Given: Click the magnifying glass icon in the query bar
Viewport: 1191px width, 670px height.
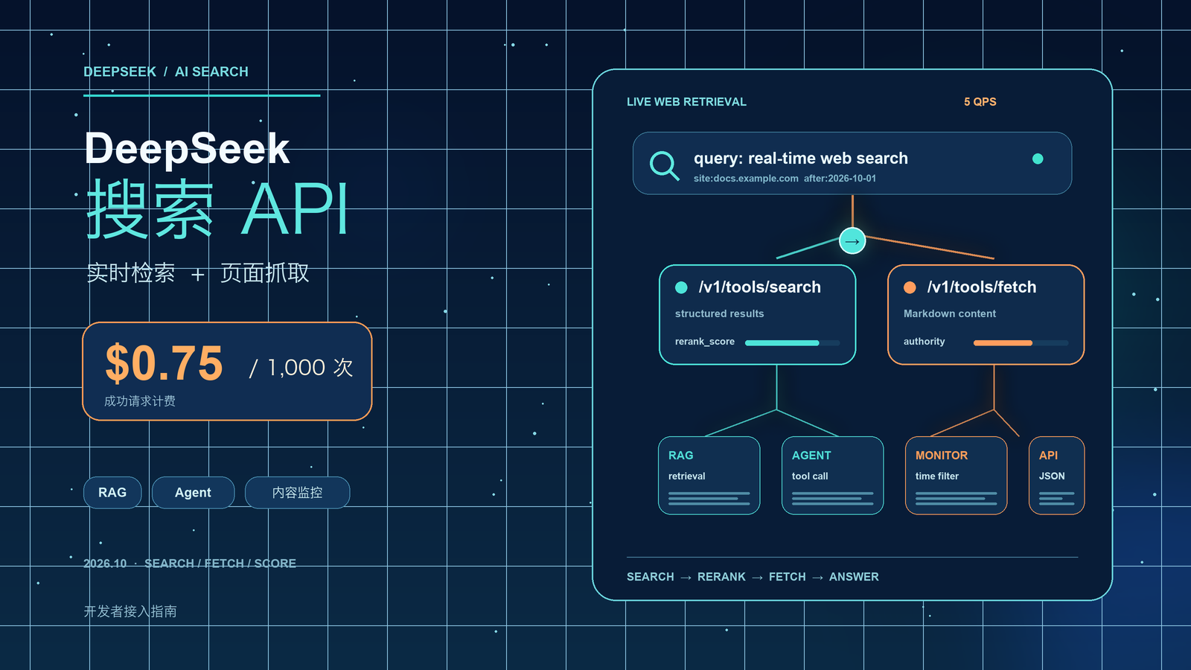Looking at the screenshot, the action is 662,165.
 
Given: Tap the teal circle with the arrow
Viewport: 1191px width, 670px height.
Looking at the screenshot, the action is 852,241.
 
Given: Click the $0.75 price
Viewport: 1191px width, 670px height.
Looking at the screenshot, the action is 164,363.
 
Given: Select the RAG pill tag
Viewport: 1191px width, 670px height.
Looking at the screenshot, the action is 112,492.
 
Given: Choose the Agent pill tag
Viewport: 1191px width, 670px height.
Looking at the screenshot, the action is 193,492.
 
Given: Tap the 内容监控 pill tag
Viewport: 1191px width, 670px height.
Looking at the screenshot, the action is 297,492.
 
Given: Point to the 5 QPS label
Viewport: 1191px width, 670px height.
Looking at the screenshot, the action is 980,101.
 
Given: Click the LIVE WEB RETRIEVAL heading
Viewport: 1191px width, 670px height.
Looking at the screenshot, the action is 686,101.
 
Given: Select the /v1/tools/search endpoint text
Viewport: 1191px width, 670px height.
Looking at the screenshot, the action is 760,287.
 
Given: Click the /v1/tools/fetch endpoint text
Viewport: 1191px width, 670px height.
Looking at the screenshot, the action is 982,287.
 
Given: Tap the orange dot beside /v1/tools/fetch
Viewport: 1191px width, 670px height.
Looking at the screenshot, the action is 910,287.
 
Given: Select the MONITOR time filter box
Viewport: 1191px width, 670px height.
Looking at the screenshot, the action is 956,476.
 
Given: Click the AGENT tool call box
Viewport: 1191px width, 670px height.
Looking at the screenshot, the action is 833,476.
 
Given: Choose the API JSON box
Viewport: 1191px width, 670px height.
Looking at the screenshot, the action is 1056,476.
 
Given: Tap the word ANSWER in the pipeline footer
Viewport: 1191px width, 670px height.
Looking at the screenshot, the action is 854,577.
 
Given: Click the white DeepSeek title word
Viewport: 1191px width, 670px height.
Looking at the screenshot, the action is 187,148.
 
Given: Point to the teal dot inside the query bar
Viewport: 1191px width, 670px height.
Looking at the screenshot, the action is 1038,159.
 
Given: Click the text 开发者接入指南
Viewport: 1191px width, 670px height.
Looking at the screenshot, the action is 130,611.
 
